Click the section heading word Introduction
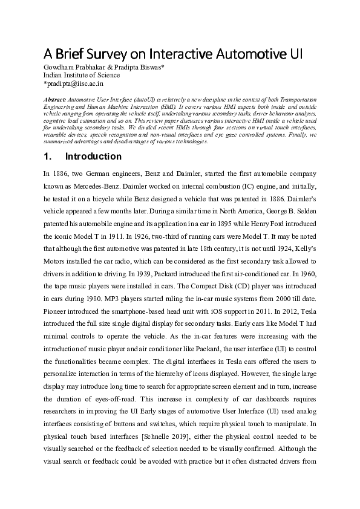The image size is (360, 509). [93, 157]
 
